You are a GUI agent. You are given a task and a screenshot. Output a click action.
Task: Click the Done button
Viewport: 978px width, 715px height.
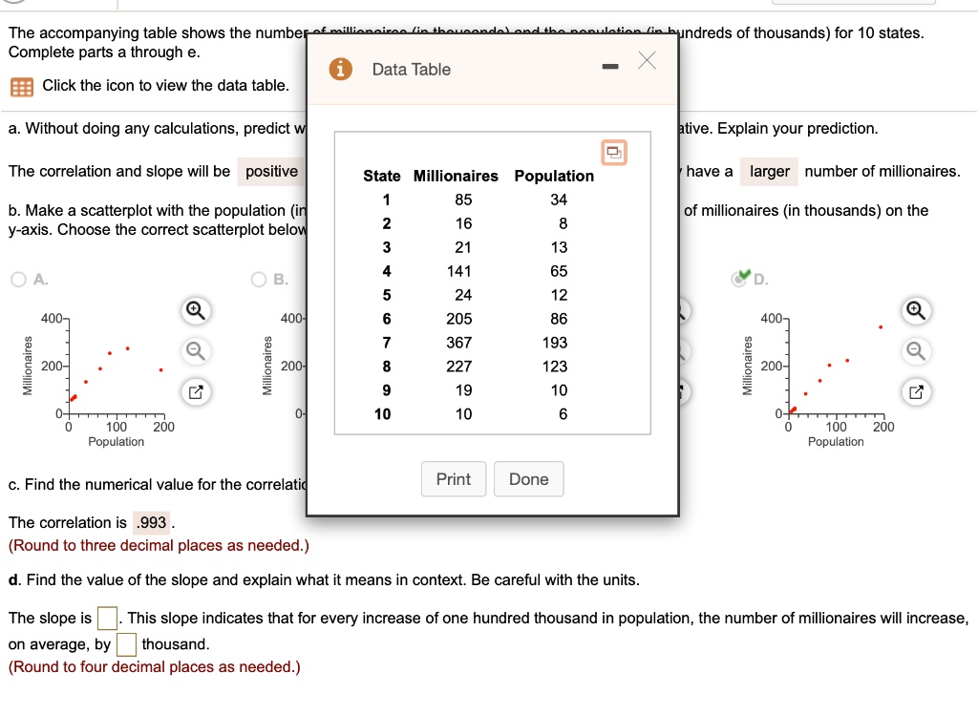click(x=528, y=479)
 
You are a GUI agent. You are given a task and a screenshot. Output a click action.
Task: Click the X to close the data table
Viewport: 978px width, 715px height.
click(x=647, y=62)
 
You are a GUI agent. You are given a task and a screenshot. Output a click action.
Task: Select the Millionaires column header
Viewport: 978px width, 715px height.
click(x=456, y=176)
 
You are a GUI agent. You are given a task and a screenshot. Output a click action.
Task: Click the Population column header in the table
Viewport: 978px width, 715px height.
click(x=554, y=176)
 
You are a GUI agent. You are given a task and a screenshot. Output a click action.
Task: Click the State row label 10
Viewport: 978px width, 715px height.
click(x=382, y=414)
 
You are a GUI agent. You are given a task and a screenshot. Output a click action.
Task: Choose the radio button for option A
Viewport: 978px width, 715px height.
click(x=19, y=280)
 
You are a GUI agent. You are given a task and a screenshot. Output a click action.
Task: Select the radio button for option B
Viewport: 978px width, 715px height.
click(x=259, y=280)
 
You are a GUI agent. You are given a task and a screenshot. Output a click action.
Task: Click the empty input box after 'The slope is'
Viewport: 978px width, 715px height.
click(x=107, y=619)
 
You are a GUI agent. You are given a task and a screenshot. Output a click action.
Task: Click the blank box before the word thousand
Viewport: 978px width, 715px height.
click(x=126, y=644)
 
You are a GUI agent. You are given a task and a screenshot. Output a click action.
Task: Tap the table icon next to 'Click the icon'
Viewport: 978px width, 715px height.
click(x=20, y=87)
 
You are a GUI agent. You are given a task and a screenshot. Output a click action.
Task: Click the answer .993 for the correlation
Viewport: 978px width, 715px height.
click(x=151, y=523)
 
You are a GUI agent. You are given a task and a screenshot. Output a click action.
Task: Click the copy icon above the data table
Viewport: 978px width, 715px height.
click(x=613, y=152)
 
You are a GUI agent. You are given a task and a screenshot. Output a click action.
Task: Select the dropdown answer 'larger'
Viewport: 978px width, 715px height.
click(x=769, y=172)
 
